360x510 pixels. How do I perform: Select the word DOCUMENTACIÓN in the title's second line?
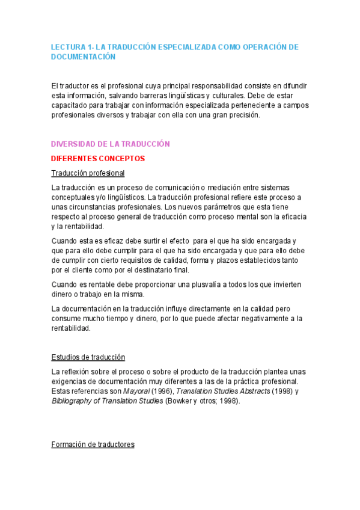coord(83,57)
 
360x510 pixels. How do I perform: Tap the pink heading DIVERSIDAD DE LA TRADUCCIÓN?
coord(111,144)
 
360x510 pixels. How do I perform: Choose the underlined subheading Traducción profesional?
coord(88,173)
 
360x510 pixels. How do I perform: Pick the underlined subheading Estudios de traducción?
coord(88,357)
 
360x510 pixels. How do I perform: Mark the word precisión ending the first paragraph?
coord(244,115)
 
